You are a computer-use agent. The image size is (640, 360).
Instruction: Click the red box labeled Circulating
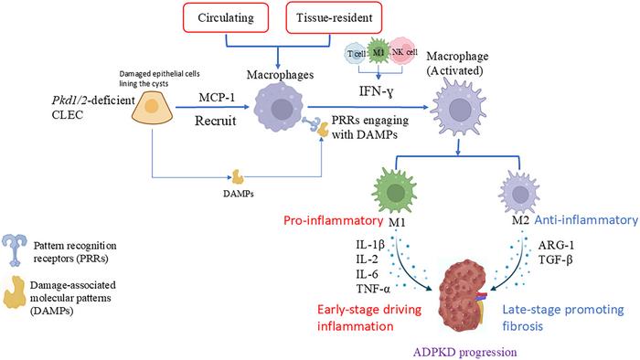pos(226,17)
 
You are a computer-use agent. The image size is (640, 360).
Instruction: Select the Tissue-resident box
pos(334,17)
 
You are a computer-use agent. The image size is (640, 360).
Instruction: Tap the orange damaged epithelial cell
pos(152,107)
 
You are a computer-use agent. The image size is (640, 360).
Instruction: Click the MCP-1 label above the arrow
pos(217,98)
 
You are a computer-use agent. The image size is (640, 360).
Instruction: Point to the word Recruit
pos(216,121)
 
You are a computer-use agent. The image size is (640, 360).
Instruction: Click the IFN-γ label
pos(377,91)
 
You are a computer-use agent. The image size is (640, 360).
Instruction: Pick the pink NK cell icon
pos(402,52)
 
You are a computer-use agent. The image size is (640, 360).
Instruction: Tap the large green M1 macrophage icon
pos(395,192)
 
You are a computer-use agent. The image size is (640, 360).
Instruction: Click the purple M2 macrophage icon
pos(519,193)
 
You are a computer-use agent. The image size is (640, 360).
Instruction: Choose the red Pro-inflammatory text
pos(333,220)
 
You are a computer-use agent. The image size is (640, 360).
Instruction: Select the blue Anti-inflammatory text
pos(586,220)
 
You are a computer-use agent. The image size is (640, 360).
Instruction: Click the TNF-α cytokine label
pos(373,289)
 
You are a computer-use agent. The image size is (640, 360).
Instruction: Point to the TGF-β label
pos(556,259)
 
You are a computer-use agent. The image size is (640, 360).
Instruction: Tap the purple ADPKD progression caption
pos(464,352)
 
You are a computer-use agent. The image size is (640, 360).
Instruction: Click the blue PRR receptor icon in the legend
pos(15,250)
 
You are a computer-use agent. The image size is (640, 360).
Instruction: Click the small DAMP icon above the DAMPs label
pos(238,177)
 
